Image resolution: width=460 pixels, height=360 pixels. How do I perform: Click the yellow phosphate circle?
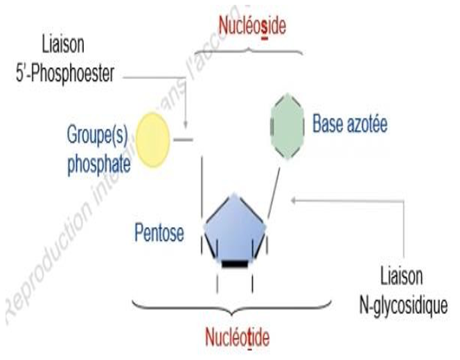click(152, 139)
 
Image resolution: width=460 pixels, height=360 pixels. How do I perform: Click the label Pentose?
click(160, 233)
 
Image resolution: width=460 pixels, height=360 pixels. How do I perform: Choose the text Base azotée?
click(349, 125)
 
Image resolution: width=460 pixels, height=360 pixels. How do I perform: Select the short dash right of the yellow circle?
click(182, 139)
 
